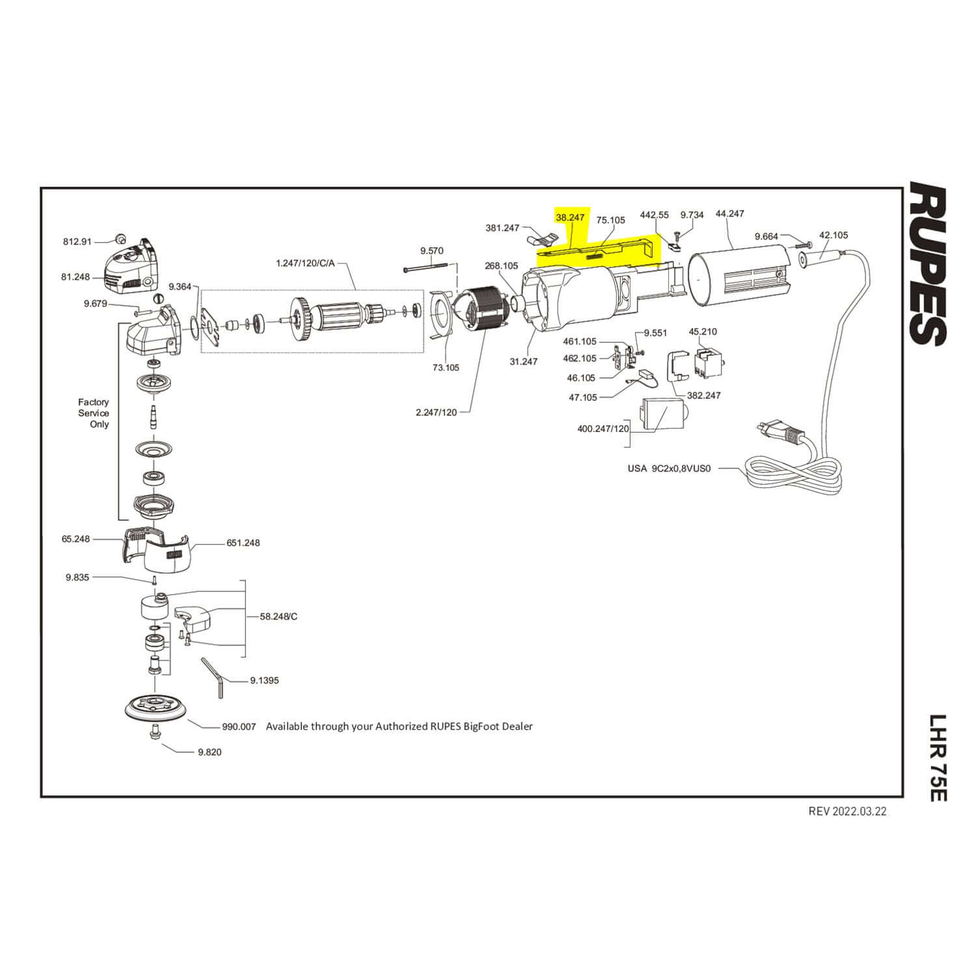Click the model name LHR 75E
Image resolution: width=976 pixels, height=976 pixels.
(936, 758)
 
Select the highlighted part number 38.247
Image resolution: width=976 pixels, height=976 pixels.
(570, 217)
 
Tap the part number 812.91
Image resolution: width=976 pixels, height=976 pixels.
(77, 241)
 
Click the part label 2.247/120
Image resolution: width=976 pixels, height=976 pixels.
(436, 413)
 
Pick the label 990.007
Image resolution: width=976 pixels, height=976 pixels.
(239, 726)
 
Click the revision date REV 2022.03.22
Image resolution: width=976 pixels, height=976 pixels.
(847, 811)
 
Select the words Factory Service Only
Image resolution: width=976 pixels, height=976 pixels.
(94, 413)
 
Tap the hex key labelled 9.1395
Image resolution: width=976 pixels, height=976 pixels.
(212, 677)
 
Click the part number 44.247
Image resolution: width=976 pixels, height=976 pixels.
(729, 213)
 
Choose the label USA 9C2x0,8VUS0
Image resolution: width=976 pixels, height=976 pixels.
(669, 468)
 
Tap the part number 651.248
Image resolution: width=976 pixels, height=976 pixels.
(243, 543)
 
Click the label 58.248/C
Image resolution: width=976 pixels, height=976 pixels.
(278, 616)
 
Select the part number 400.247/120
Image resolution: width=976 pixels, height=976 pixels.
(603, 429)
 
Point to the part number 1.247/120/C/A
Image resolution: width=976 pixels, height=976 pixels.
(305, 264)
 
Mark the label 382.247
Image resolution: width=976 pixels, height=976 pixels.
(703, 395)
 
